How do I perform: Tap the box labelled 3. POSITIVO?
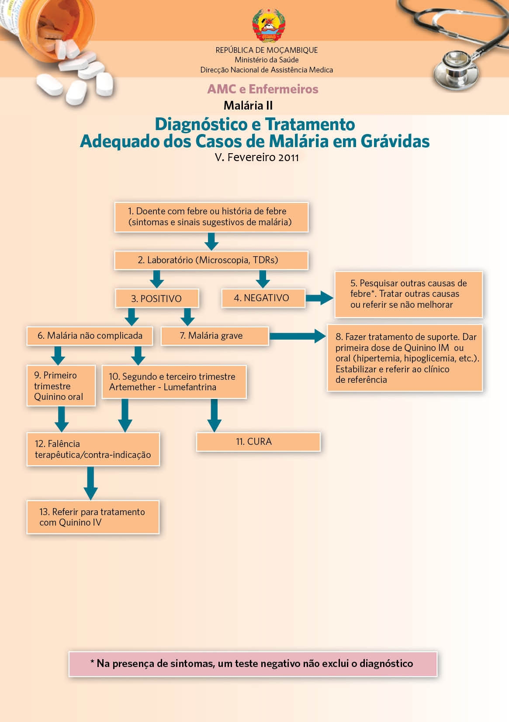[157, 299]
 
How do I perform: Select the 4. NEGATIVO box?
[262, 298]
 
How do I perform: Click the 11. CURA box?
[258, 442]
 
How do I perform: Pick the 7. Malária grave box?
[215, 336]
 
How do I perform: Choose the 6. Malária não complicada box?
[90, 336]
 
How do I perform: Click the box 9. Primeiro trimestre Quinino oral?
[61, 386]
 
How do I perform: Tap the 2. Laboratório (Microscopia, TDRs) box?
[211, 260]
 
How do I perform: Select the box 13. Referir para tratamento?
[93, 517]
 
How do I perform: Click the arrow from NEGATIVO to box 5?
[319, 298]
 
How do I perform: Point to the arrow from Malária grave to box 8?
[298, 336]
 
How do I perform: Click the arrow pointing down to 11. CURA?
[214, 415]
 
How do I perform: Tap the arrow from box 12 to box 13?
[90, 483]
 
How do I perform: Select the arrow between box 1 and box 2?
[211, 241]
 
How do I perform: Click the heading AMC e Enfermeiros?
[263, 89]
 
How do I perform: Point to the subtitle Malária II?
[248, 106]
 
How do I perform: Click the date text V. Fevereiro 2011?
[256, 157]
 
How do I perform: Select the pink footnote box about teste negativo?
[253, 664]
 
